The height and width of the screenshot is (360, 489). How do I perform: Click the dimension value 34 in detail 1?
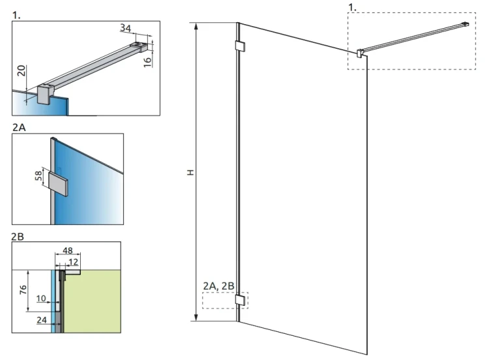125,28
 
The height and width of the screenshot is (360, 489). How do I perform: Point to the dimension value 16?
147,61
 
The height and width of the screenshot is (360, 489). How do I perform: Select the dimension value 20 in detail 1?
22,70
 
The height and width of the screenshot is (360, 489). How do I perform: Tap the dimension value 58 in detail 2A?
38,175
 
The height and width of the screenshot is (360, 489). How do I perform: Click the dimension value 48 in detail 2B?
68,250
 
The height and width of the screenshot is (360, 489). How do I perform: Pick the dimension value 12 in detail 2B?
74,262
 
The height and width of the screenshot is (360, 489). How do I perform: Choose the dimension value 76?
23,290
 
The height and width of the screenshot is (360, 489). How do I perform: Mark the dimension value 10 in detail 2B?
41,299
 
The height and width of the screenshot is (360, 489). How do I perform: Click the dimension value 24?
42,320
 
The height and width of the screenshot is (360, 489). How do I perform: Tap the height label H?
190,173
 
